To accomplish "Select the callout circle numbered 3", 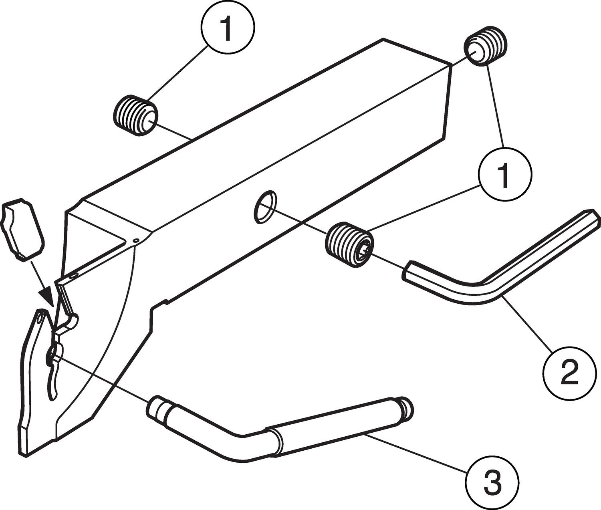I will [x=492, y=482].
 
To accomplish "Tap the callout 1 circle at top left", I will [x=227, y=30].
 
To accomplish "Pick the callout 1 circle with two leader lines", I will [x=504, y=173].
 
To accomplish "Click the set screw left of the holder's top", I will [x=135, y=116].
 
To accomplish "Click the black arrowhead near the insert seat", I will [x=47, y=296].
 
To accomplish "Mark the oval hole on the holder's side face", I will [x=265, y=206].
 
